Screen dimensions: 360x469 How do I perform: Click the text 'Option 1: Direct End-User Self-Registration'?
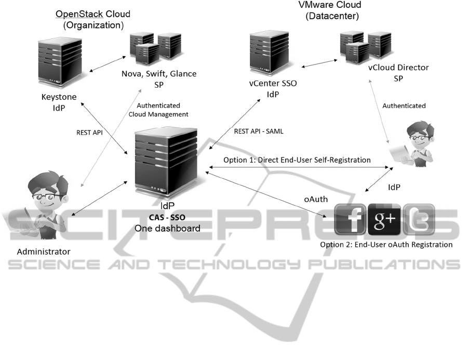[x=297, y=160]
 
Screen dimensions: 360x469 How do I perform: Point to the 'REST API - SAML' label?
[x=259, y=131]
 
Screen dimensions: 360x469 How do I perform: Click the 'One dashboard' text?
[x=167, y=228]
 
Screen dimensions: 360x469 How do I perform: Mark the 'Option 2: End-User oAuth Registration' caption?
[x=394, y=244]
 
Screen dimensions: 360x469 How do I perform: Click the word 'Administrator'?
[x=44, y=252]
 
